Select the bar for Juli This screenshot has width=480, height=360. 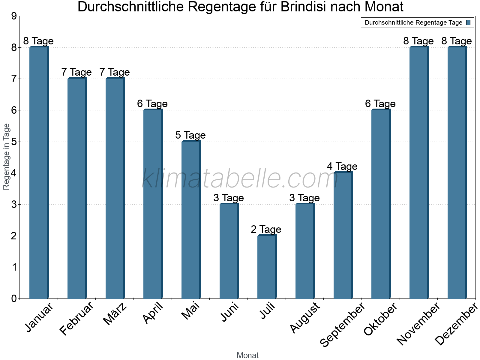point(267,267)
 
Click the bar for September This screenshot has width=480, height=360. point(343,235)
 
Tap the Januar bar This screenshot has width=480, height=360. point(39,172)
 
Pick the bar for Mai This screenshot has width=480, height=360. point(191,220)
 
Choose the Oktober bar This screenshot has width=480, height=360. point(381,204)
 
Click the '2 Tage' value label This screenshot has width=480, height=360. point(266,229)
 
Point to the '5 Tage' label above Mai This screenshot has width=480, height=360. point(190,135)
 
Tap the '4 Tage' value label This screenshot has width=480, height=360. point(342,166)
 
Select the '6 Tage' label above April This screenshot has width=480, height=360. point(152,104)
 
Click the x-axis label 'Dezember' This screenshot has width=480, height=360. point(456,324)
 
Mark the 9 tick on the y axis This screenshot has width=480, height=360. point(14,16)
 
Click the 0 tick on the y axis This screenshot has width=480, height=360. point(14,299)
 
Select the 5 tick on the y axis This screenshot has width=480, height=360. point(14,142)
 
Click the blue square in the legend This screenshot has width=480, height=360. point(469,22)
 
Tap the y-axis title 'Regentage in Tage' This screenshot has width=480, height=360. point(6,157)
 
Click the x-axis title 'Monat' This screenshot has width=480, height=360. point(247,355)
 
